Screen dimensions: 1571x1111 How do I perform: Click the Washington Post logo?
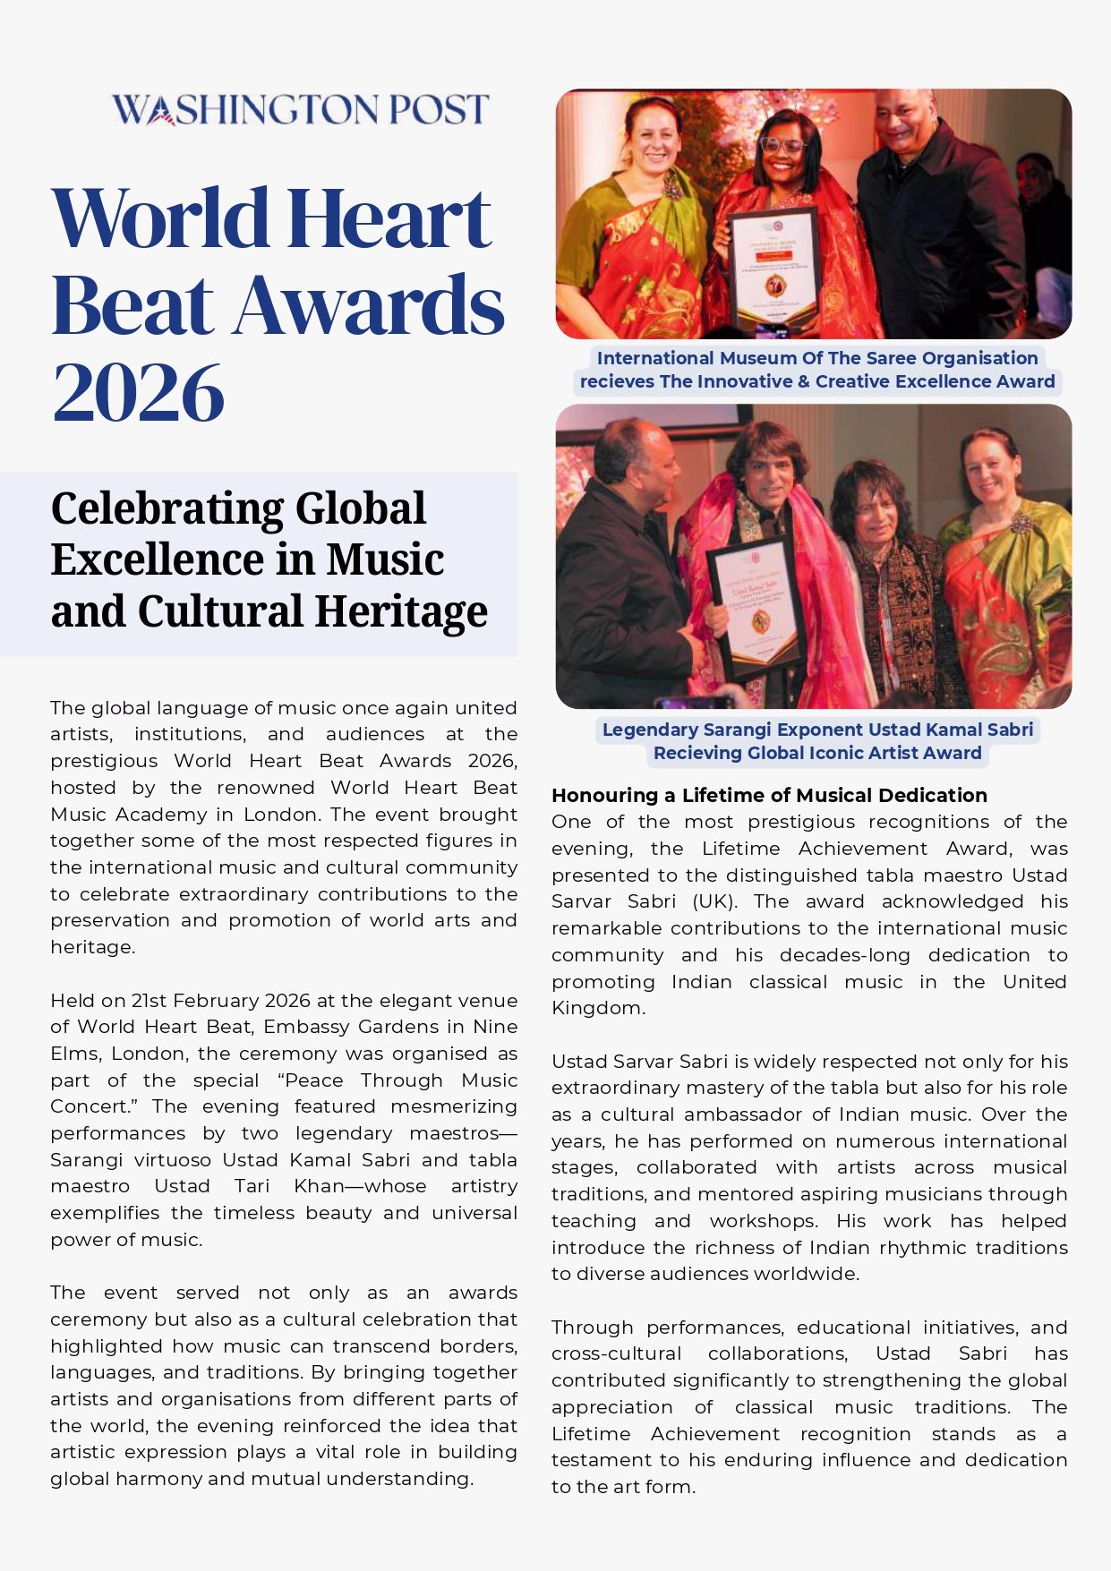pos(300,110)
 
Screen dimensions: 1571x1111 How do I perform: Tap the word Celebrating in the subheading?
pos(166,508)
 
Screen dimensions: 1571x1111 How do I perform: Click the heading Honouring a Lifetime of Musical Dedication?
pos(768,795)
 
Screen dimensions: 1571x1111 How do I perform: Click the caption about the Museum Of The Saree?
pos(816,370)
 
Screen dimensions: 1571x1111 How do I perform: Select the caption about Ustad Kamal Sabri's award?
pos(816,741)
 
